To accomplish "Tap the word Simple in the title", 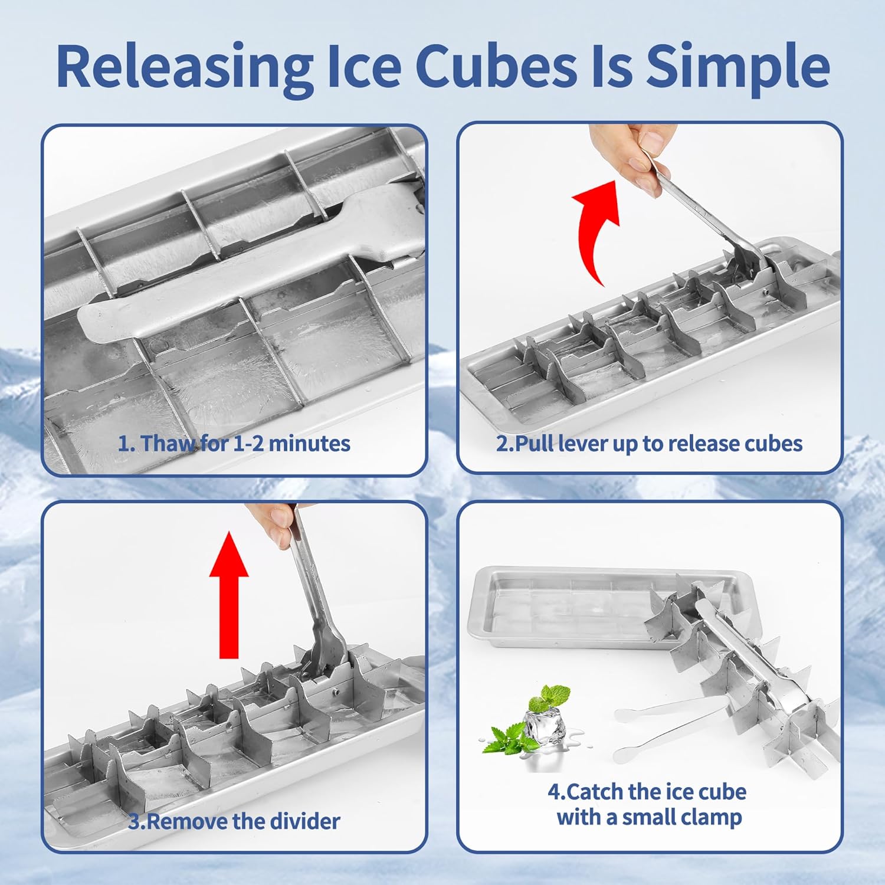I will (737, 66).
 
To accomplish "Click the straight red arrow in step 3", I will (229, 596).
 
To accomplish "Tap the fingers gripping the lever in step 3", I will (274, 522).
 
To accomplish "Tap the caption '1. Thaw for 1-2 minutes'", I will (234, 444).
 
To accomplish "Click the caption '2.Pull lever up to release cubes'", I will (649, 444).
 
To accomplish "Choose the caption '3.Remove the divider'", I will (234, 821).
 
